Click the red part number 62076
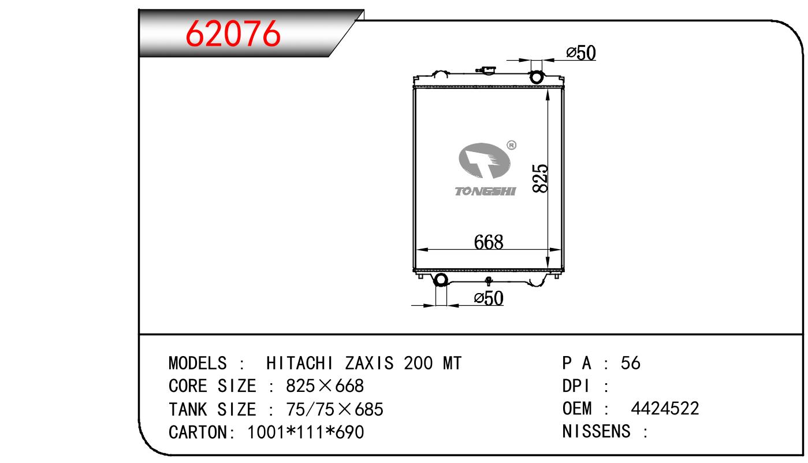point(233,34)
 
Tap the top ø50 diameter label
point(581,53)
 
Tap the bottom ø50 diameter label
point(489,298)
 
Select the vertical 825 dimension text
point(540,178)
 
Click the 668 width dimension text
point(489,242)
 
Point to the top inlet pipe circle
point(536,77)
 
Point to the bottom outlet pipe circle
point(441,280)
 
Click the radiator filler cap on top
point(486,69)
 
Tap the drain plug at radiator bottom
point(489,280)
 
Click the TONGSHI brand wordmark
point(485,191)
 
